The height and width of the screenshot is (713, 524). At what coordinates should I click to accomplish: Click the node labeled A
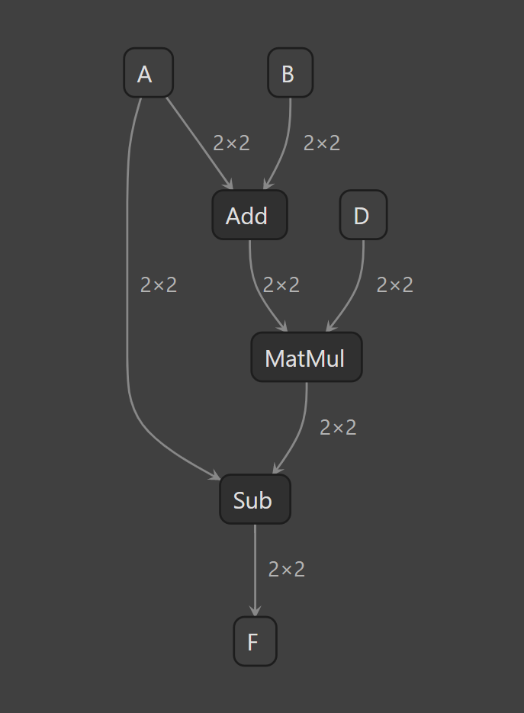click(148, 72)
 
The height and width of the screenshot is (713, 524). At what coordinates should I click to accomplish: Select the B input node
click(290, 72)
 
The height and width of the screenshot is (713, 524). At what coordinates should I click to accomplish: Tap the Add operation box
click(249, 214)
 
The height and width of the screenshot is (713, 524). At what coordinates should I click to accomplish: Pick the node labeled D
click(363, 214)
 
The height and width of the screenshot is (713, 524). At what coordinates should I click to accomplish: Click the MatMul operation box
click(307, 357)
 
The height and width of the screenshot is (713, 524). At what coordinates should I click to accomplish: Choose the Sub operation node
click(256, 499)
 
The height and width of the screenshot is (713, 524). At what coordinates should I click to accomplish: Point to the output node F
click(256, 641)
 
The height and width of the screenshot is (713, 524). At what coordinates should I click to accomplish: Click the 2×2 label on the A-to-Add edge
click(232, 143)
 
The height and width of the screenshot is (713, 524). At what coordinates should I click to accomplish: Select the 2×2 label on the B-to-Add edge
click(322, 143)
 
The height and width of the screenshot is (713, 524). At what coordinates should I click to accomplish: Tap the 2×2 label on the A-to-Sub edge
click(159, 285)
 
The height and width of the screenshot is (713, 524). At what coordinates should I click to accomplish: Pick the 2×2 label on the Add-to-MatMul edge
click(281, 285)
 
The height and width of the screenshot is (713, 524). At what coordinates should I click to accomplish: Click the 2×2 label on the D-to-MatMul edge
click(395, 285)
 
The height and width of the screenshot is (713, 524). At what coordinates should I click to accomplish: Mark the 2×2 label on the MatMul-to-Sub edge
click(338, 428)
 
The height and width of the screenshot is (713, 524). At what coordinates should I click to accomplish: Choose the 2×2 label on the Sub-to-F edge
click(287, 570)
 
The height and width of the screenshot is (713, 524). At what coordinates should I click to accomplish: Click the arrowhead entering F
click(256, 611)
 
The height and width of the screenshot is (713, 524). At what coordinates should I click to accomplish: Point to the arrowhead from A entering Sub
click(214, 475)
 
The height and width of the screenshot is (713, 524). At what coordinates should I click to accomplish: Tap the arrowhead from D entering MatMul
click(331, 326)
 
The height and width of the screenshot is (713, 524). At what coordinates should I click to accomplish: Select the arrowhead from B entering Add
click(268, 184)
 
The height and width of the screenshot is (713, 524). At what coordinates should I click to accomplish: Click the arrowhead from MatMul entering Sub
click(278, 468)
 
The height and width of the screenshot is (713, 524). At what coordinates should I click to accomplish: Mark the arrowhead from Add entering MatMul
click(282, 326)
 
